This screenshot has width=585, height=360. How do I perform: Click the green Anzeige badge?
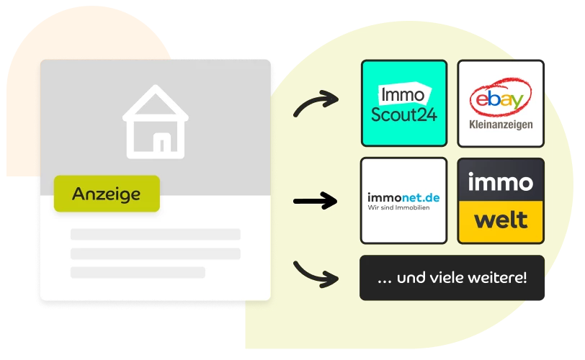pos(107,194)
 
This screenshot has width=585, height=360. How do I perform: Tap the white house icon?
pos(155,122)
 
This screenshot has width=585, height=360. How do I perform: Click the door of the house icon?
pos(162,143)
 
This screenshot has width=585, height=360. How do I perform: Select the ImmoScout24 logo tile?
pos(404,103)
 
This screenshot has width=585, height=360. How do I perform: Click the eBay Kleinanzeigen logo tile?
pos(501,103)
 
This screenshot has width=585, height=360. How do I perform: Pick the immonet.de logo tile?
pos(403,200)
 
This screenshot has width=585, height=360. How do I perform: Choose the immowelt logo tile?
pos(501,200)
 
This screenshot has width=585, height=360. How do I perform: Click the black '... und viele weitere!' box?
pos(452,278)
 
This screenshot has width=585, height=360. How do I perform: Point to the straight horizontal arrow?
pos(316,202)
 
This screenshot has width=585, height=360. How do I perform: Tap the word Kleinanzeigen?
pos(501,125)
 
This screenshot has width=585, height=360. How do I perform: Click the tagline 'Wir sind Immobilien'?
pos(398,207)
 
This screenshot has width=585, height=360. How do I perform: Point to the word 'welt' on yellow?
pos(501,220)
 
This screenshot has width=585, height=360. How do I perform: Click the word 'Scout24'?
pos(403,114)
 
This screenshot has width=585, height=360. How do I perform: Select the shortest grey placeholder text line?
pos(138,272)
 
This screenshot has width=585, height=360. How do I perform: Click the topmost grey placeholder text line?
pos(156,235)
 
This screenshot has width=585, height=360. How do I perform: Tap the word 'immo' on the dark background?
pos(501,182)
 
